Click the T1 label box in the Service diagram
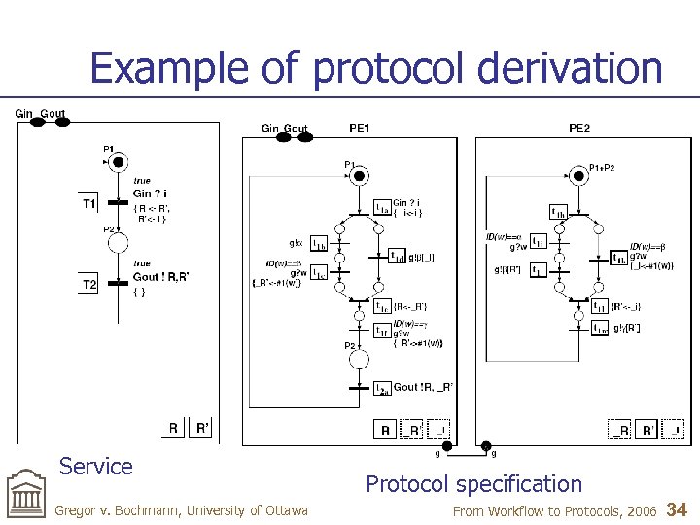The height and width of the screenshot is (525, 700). pyautogui.click(x=89, y=204)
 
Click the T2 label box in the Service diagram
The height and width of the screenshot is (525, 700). pyautogui.click(x=89, y=284)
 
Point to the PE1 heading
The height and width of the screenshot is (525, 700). pyautogui.click(x=359, y=128)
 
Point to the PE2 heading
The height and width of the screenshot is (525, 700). pyautogui.click(x=579, y=128)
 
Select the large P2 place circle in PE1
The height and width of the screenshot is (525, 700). pyautogui.click(x=360, y=360)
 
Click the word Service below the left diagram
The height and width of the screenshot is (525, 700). pyautogui.click(x=95, y=466)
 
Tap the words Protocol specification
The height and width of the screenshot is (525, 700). pyautogui.click(x=473, y=483)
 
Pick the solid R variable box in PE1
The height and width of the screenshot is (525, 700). pyautogui.click(x=386, y=429)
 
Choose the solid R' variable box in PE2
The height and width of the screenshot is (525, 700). pyautogui.click(x=647, y=429)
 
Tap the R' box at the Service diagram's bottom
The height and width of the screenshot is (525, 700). pyautogui.click(x=203, y=427)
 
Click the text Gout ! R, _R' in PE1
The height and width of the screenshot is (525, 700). pyautogui.click(x=423, y=387)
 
